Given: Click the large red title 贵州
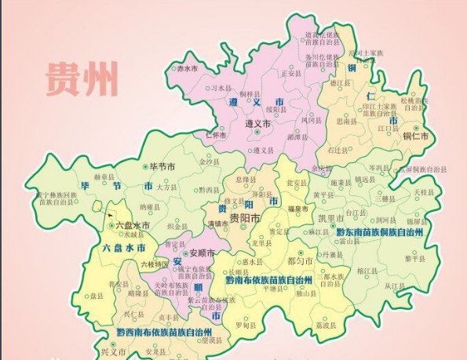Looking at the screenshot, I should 82,78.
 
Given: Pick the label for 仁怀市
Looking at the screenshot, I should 215,134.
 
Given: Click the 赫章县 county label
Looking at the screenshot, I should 104,178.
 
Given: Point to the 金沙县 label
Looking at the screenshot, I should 210,162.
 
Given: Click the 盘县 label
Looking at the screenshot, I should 119,297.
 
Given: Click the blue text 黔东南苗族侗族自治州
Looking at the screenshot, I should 380,233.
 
